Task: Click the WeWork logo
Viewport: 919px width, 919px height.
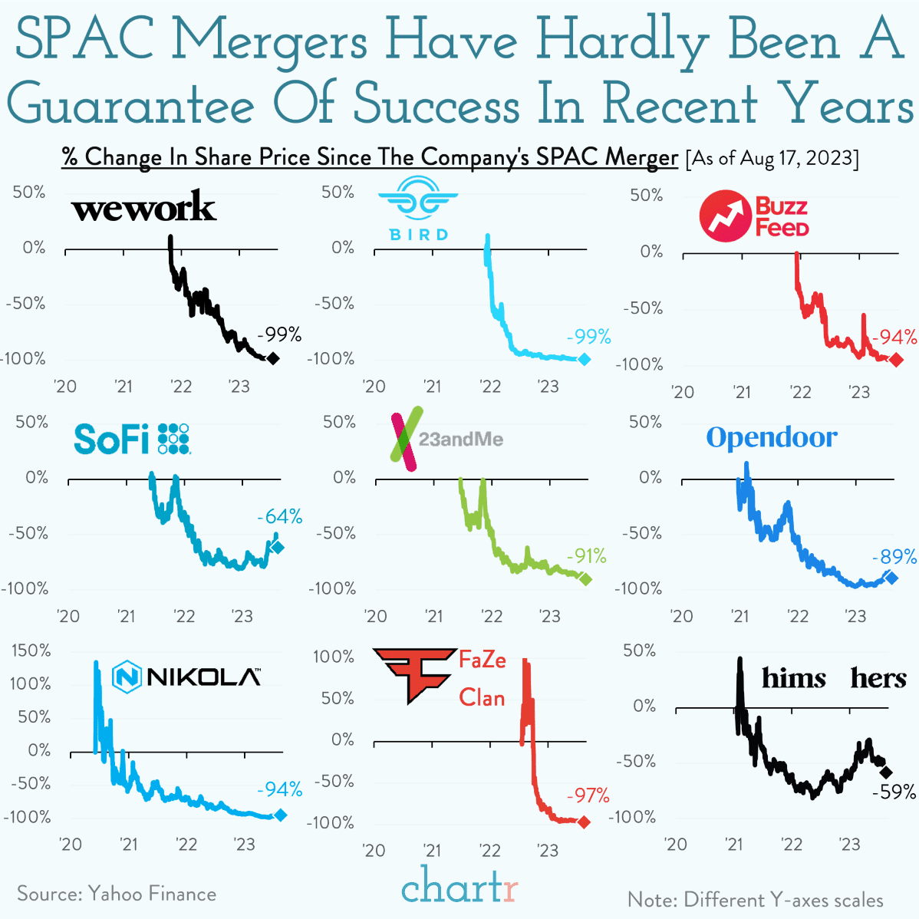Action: coord(143,207)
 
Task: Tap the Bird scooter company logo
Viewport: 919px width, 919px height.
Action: coord(418,209)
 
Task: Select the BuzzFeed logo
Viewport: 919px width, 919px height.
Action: coord(754,216)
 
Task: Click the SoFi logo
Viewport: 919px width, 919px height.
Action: coord(131,439)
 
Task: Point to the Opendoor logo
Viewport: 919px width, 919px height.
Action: coord(771,437)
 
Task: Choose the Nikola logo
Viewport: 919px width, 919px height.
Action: coord(186,677)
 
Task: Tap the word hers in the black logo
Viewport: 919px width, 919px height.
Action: coord(878,678)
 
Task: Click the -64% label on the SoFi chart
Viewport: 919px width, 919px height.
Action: coord(279,516)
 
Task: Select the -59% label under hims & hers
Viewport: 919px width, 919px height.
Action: coord(894,792)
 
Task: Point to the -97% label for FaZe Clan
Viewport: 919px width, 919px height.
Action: coord(588,795)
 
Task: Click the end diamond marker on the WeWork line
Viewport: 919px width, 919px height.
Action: coord(272,358)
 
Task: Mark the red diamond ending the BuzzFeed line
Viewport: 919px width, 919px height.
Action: coord(896,360)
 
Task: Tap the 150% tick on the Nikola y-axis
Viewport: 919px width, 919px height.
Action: coord(31,651)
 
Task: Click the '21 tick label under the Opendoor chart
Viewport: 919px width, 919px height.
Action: coord(739,616)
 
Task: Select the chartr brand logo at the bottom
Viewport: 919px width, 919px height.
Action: coord(459,888)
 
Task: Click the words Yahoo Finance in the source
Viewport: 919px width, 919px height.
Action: coord(152,894)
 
